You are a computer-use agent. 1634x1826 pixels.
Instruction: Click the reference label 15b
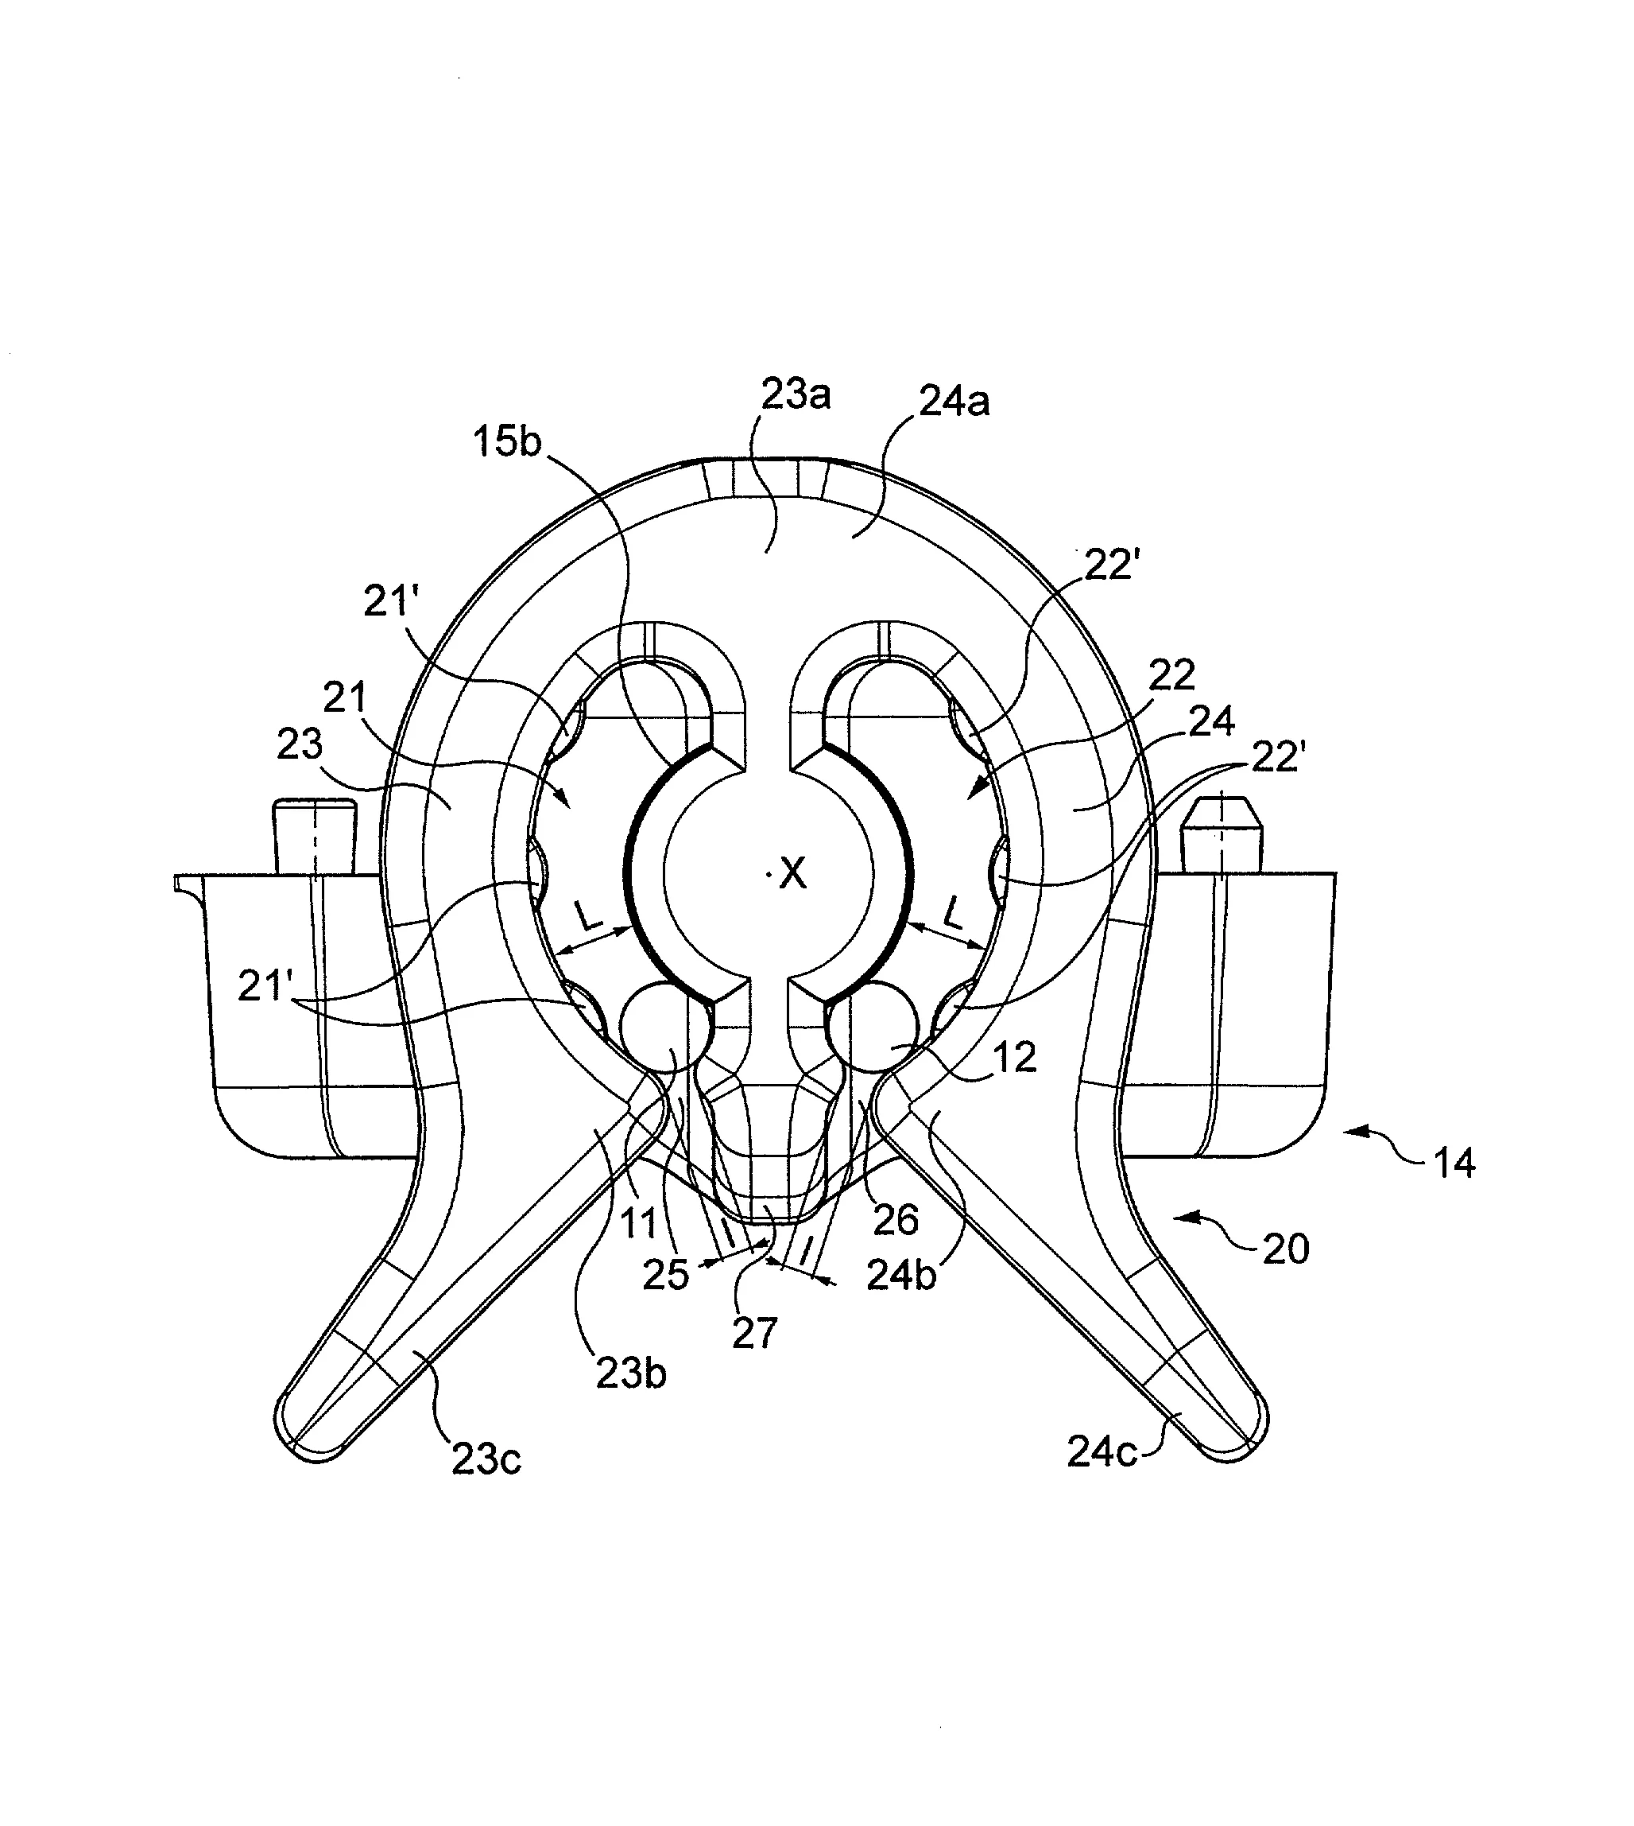click(507, 441)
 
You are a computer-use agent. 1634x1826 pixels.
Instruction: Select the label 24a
click(954, 401)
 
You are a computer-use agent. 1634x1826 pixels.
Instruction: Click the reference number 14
click(1454, 1164)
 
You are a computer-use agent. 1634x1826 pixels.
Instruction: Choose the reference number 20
click(1286, 1249)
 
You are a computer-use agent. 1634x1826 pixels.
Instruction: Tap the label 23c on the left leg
click(486, 1459)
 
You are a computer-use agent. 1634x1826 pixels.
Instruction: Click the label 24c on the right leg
click(1102, 1451)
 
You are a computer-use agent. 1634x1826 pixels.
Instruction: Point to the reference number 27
click(754, 1334)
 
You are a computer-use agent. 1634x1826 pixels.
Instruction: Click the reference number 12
click(1016, 1057)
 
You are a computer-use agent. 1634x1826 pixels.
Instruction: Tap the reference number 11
click(638, 1224)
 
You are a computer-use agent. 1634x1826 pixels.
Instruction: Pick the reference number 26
click(895, 1219)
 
